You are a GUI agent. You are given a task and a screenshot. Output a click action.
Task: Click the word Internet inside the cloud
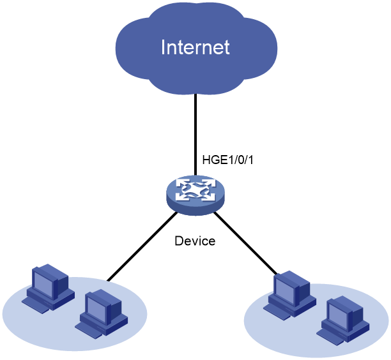tap(195, 47)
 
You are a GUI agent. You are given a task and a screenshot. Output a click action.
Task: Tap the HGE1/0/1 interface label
tap(227, 160)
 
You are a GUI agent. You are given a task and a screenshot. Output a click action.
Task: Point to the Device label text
tap(195, 241)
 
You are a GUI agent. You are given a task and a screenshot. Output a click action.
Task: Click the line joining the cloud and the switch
tap(195, 135)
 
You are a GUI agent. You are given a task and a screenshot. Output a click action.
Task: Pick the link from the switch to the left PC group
tap(142, 246)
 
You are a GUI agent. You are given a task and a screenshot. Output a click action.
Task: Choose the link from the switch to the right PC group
tap(245, 243)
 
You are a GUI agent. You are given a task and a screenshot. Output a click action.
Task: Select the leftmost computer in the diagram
tap(48, 289)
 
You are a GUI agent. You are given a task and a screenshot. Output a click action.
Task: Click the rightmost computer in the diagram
tap(343, 320)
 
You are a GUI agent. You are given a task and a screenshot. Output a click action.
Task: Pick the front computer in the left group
tap(101, 314)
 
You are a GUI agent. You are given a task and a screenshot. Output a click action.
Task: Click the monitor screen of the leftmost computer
tap(43, 284)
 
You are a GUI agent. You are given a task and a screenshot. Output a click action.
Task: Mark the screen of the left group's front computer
tap(96, 309)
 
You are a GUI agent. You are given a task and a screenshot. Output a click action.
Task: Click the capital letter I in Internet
tap(163, 47)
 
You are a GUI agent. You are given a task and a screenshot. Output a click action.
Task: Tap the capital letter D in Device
tap(179, 241)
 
